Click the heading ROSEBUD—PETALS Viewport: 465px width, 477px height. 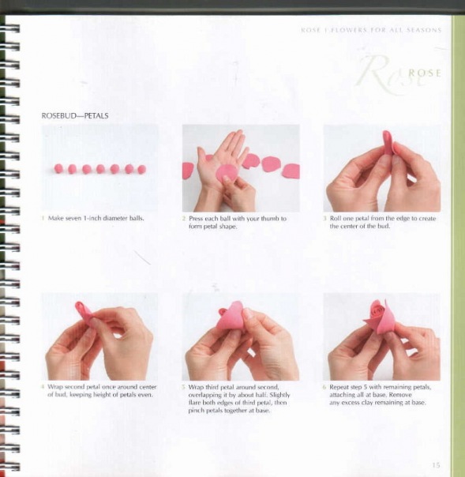[x=75, y=116]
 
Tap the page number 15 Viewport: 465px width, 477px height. [x=436, y=465]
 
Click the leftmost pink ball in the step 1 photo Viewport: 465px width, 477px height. [x=58, y=168]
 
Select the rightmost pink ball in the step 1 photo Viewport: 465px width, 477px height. [x=142, y=169]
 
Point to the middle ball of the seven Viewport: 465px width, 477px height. [x=100, y=169]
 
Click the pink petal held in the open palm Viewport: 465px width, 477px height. [x=227, y=173]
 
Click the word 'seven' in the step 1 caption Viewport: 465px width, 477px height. [x=74, y=218]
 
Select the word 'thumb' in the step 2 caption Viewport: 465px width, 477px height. [x=269, y=219]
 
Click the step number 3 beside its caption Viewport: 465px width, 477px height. [x=324, y=219]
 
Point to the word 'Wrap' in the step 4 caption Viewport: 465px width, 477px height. [x=55, y=387]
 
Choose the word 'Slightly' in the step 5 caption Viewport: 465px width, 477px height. [x=279, y=395]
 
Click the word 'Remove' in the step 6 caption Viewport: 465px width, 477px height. [x=400, y=395]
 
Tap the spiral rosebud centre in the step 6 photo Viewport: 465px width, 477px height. [x=378, y=310]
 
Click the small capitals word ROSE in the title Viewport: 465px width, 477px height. [x=425, y=73]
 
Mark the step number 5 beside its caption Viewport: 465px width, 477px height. [x=183, y=387]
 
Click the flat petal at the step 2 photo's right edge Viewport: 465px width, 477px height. [x=291, y=171]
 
